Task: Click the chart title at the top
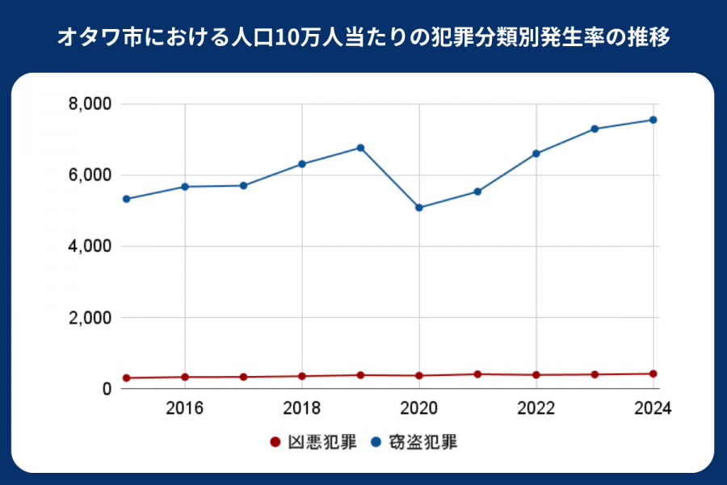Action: [363, 37]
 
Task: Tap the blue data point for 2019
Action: [360, 148]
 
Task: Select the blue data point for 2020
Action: [419, 208]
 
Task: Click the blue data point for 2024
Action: [653, 120]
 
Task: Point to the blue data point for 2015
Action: [127, 199]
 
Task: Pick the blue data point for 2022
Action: [536, 154]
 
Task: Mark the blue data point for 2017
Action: [243, 186]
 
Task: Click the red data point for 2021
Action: [477, 374]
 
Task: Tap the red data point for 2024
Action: [653, 373]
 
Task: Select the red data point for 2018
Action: [302, 376]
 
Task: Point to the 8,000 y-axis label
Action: [90, 104]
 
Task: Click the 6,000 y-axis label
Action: [90, 175]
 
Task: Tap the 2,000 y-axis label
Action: [90, 318]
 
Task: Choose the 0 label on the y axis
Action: [106, 389]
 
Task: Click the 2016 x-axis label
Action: [185, 407]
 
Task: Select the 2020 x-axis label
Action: [419, 407]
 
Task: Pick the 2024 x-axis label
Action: [653, 407]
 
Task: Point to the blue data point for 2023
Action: [595, 129]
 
